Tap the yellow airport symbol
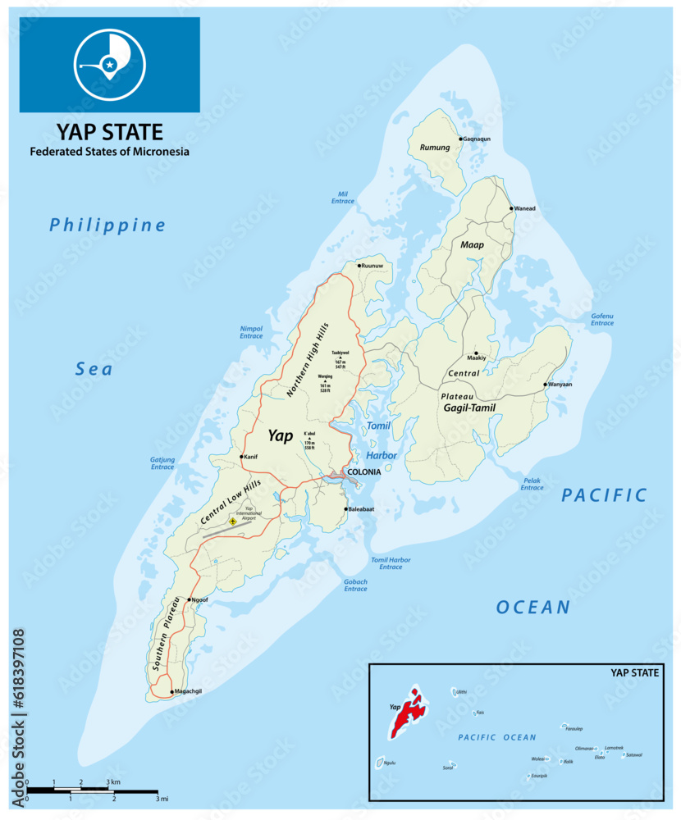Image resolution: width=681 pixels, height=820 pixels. (233, 521)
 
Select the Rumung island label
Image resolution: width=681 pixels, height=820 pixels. (434, 148)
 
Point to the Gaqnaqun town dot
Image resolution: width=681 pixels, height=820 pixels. (461, 139)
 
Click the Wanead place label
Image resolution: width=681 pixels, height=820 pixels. (525, 208)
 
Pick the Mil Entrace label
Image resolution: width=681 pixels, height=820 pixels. (342, 198)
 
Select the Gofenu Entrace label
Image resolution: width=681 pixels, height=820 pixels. (602, 320)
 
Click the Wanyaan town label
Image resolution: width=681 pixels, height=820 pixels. (562, 385)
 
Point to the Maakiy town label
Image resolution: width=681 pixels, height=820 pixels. (477, 358)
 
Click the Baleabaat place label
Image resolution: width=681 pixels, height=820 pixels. (363, 509)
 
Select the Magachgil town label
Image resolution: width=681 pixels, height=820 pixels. (189, 692)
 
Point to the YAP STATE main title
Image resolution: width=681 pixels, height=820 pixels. (109, 132)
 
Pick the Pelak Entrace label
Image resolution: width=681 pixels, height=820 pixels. (532, 484)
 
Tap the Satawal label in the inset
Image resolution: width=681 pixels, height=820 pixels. (633, 755)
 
